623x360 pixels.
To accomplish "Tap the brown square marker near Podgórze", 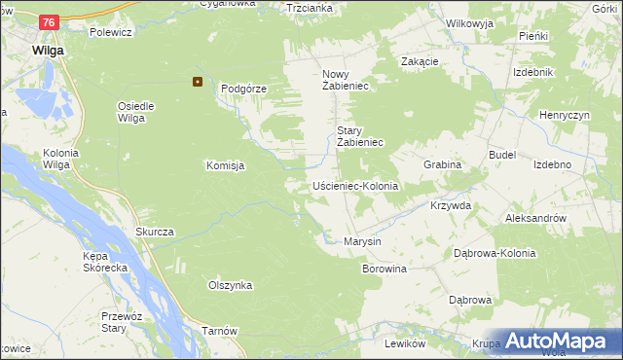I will [x=198, y=82].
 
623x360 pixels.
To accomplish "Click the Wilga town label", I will [x=47, y=50].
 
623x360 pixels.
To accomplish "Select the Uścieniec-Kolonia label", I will [x=355, y=185].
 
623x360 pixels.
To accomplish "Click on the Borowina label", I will [x=384, y=268].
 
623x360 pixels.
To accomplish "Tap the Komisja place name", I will [x=225, y=165].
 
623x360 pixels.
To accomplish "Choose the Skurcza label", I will [x=155, y=232].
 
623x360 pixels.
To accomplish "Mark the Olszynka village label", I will [x=231, y=285].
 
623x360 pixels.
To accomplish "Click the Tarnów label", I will [x=220, y=331].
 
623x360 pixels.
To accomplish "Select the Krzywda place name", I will [x=450, y=206].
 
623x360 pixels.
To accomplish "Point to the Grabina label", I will [x=442, y=165].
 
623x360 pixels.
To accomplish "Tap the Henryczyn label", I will [x=566, y=115].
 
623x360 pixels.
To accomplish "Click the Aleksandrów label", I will [x=536, y=219].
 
